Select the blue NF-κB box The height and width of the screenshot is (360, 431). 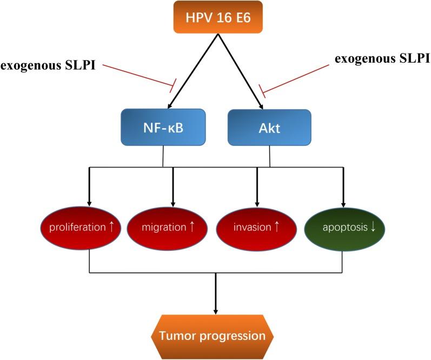[x=164, y=127]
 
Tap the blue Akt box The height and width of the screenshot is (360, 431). [x=269, y=127]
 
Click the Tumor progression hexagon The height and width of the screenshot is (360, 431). [x=215, y=336]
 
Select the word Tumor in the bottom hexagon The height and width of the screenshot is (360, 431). [x=177, y=336]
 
